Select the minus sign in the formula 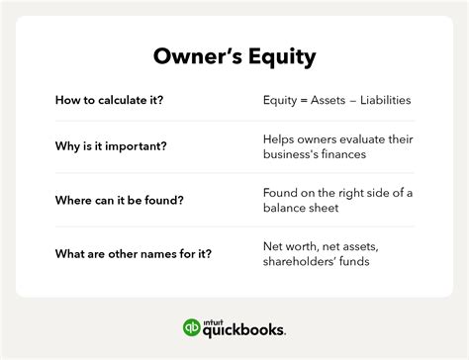(x=364, y=101)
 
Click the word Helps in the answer (x=280, y=139)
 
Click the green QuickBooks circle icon (x=193, y=328)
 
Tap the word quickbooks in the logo (x=246, y=330)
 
